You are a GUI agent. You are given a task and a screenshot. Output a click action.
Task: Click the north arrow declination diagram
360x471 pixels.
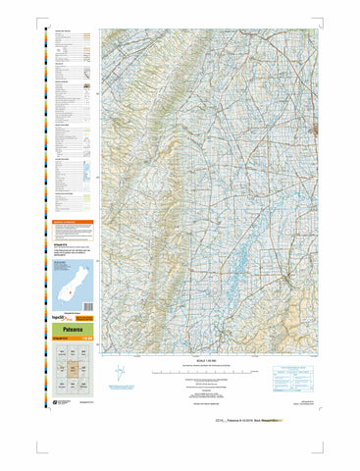[x=120, y=374]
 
